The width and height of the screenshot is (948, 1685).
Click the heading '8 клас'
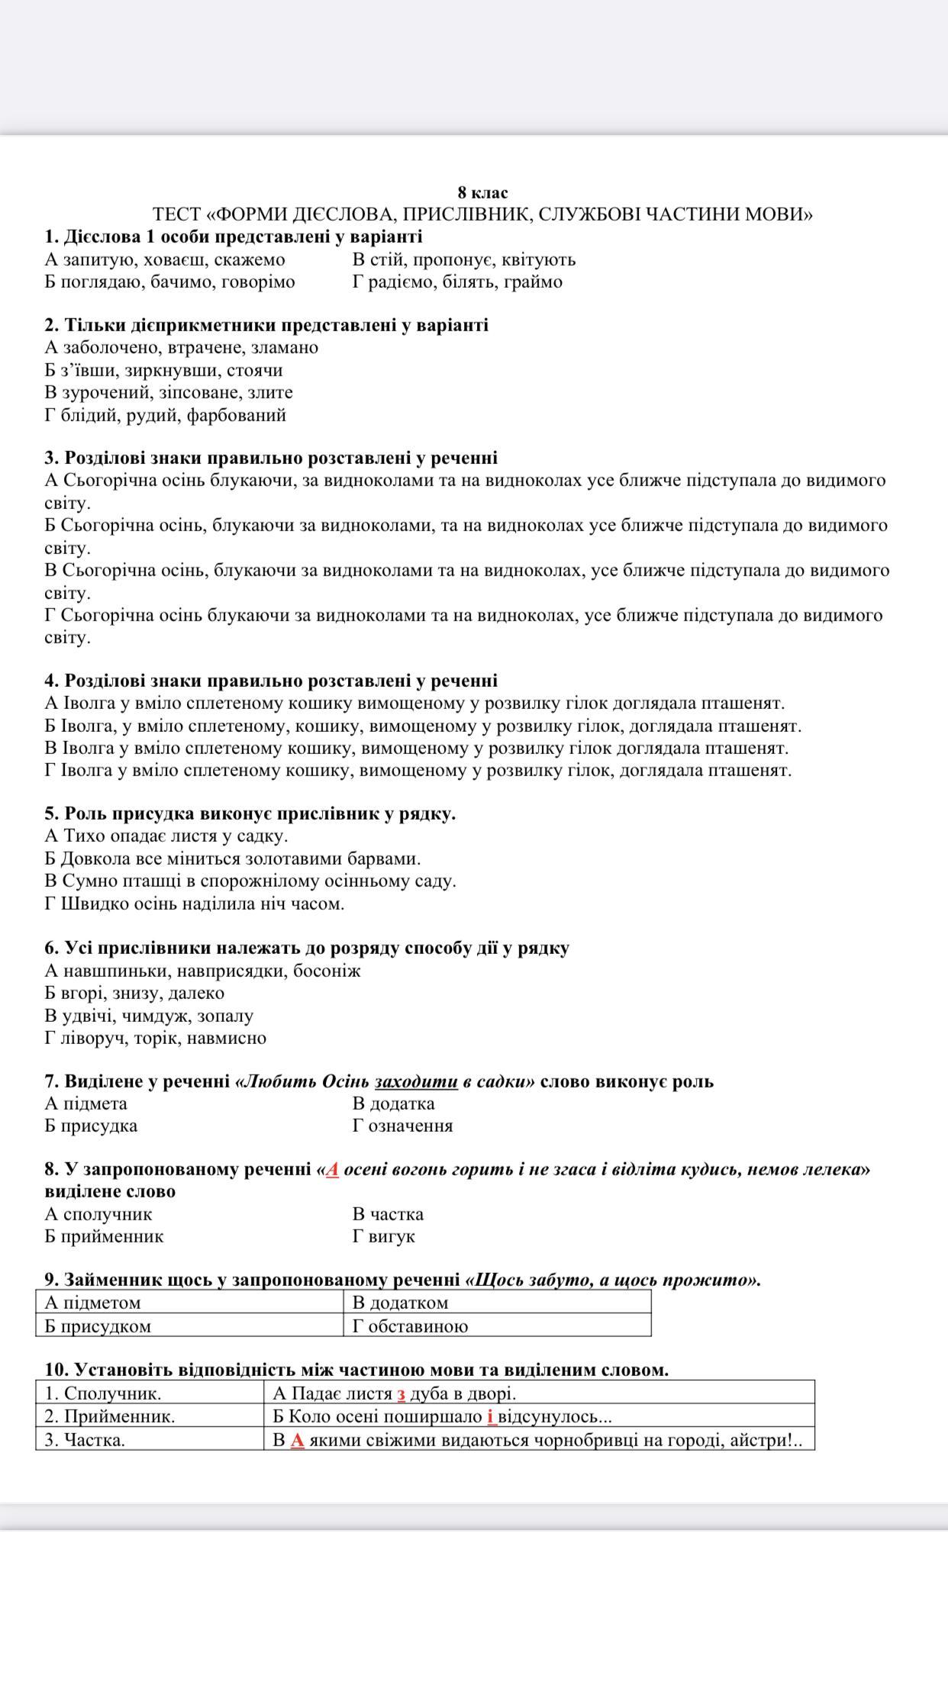482,192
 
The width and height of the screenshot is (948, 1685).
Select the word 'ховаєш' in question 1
173,259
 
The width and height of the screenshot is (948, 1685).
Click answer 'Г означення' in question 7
402,1126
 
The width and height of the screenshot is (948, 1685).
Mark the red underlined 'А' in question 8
332,1169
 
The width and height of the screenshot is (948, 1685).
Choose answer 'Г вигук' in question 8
383,1236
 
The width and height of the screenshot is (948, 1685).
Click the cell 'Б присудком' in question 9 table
98,1326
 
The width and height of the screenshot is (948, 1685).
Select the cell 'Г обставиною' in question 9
410,1326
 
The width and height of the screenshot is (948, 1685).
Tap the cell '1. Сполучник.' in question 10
103,1393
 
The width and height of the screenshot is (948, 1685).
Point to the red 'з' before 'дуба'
401,1393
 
